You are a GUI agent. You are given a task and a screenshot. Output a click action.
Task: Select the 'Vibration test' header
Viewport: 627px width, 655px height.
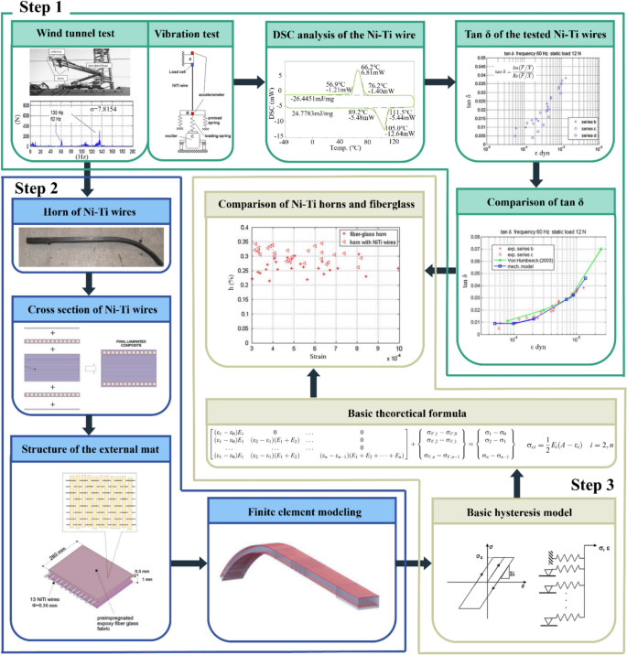pyautogui.click(x=187, y=37)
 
